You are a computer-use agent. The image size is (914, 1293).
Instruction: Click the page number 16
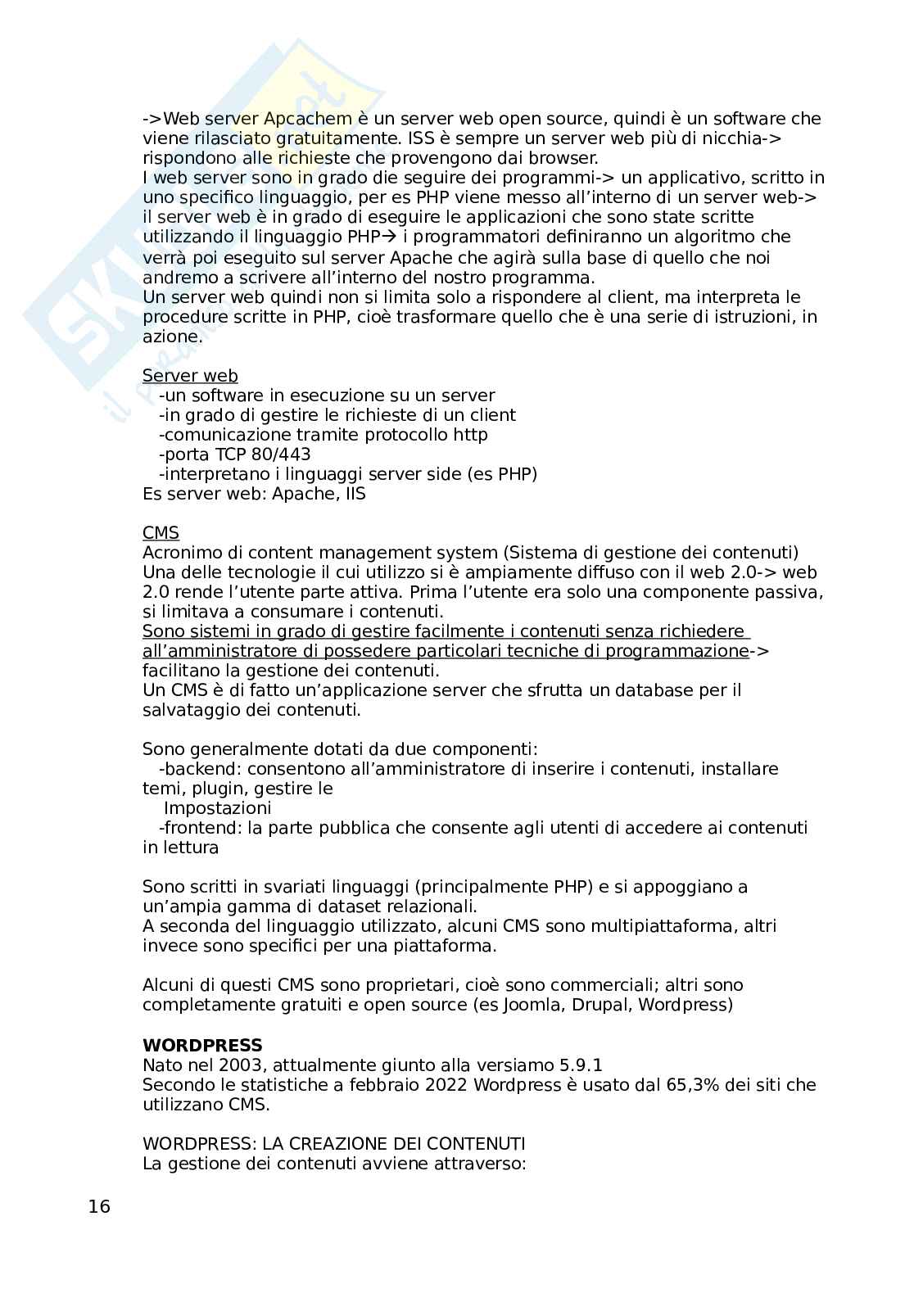pos(98,1206)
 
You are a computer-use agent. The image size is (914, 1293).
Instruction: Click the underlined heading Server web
pos(190,376)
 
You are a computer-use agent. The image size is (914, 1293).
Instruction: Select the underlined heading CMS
pos(161,533)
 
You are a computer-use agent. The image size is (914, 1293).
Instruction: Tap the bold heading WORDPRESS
pos(202,1045)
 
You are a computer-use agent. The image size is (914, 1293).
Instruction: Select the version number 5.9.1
pos(581,1065)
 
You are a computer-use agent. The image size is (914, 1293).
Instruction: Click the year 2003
pos(242,1065)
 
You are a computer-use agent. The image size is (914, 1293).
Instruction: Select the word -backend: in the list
pos(200,769)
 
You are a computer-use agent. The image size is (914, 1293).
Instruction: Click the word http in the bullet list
pos(470,435)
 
